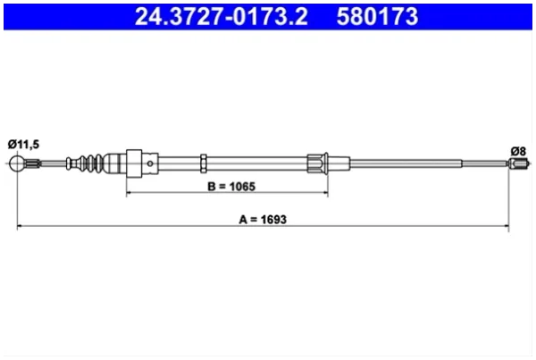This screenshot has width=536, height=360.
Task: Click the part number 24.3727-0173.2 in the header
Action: coord(222,16)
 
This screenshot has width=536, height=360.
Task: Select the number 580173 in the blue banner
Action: coord(377,16)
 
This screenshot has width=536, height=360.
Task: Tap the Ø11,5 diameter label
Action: coord(23,145)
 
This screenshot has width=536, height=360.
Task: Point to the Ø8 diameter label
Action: coord(518,151)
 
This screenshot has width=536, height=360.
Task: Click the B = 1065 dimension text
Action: coord(231,187)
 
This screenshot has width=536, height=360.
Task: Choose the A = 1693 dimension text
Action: coord(263,219)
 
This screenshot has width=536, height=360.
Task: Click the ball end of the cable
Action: coord(16,163)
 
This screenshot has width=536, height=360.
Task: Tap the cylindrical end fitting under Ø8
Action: coord(518,163)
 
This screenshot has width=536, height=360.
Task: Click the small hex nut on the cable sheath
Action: coord(204,163)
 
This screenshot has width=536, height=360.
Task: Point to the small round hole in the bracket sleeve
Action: coord(150,163)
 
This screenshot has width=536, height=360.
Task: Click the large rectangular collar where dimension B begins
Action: coord(134,163)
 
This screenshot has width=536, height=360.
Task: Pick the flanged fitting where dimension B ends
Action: coord(318,163)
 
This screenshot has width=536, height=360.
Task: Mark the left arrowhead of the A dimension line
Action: coord(20,226)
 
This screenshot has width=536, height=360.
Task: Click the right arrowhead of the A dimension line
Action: coord(506,226)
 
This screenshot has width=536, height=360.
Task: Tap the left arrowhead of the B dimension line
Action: coord(130,193)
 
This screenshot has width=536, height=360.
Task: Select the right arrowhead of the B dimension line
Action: coord(325,193)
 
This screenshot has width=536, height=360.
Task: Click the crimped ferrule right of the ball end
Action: coord(32,163)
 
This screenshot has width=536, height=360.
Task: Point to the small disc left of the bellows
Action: coord(69,163)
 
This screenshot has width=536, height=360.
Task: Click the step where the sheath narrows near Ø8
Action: coord(462,163)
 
